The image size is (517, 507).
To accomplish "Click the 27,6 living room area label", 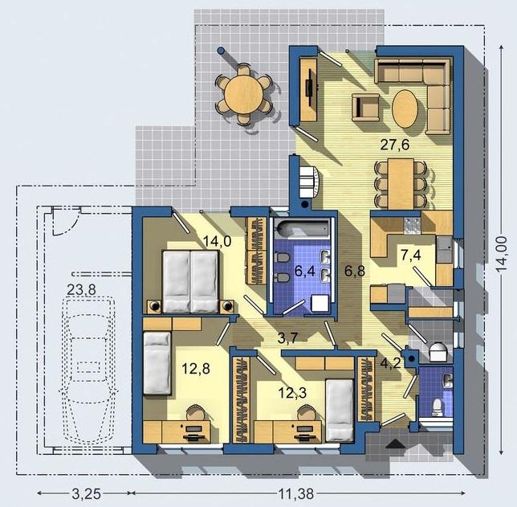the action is (x=395, y=145).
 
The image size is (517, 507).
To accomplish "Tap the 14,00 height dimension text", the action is (x=502, y=254).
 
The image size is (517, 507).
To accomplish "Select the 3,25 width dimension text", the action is (x=86, y=494).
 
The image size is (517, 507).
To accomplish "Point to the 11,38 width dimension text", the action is (x=296, y=494).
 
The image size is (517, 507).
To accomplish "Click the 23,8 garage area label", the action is (x=81, y=290).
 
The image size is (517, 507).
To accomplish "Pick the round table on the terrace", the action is (x=244, y=95).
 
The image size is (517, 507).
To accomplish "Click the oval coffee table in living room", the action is (x=405, y=108).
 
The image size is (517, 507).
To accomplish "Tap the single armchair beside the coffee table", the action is (x=365, y=107).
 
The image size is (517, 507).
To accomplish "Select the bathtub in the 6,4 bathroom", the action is (x=303, y=228).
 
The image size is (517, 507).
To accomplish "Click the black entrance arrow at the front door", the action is (x=395, y=444).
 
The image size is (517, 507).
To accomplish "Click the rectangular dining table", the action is (x=401, y=184).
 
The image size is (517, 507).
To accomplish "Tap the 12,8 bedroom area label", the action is (x=196, y=368).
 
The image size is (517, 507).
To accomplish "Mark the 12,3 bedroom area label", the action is (x=292, y=393).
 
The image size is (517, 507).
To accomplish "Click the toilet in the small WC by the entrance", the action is (x=437, y=407).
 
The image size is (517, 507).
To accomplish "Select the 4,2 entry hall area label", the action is (x=391, y=363).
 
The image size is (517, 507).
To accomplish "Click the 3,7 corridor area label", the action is (x=288, y=337).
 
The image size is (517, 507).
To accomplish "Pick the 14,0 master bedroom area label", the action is (x=217, y=241).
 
